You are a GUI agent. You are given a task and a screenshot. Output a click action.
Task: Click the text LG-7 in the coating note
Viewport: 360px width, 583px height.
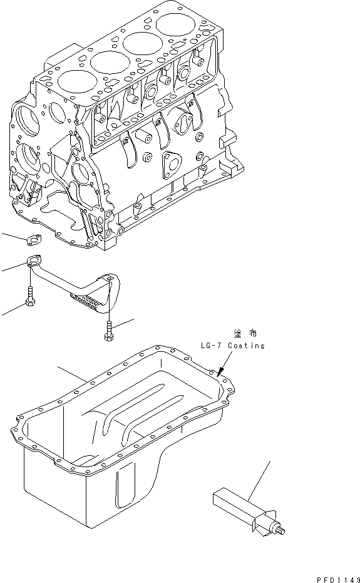pos(211,346)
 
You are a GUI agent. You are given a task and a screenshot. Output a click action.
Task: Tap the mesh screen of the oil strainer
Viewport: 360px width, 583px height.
pos(90,304)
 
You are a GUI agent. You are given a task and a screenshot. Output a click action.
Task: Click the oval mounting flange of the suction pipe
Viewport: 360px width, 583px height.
pos(34,263)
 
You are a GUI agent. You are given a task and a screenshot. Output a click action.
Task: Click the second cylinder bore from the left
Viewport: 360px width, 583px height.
pos(107,62)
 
